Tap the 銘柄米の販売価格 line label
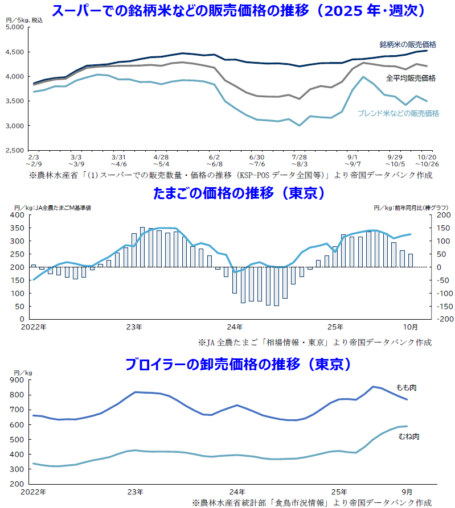(408, 44)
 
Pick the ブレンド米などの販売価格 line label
(398, 113)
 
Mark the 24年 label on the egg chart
(235, 327)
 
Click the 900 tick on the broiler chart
(16, 381)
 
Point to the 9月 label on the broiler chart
(405, 491)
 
